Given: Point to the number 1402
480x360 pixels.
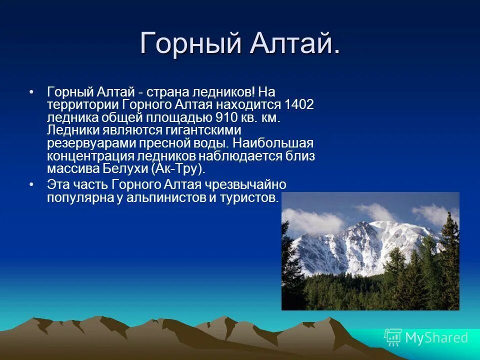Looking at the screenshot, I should pos(299,105).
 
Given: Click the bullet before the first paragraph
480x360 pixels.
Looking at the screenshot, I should pos(32,92).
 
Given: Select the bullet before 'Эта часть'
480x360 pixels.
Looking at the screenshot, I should pos(32,184).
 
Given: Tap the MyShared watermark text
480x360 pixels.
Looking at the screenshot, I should pos(436,337).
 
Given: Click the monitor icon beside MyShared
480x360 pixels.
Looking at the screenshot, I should pos(393,337).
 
